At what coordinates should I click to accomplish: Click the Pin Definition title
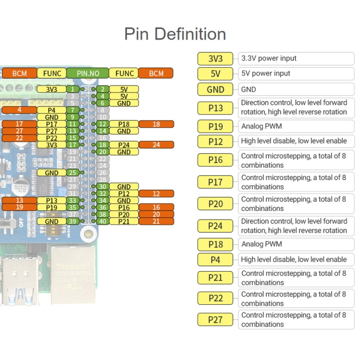(x=175, y=34)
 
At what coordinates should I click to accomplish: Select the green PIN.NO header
(x=88, y=73)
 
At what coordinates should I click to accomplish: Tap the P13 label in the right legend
(x=216, y=108)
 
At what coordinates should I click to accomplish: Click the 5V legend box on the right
(x=216, y=74)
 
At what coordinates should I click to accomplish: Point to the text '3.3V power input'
(x=269, y=59)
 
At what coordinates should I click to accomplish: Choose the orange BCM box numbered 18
(x=156, y=124)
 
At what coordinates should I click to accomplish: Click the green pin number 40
(x=102, y=221)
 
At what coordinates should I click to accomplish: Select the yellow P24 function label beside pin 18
(x=124, y=145)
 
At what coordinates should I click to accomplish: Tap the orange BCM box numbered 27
(x=19, y=131)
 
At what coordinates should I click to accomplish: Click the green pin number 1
(x=72, y=89)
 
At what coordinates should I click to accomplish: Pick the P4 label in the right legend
(x=216, y=260)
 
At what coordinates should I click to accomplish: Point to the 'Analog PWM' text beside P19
(x=262, y=126)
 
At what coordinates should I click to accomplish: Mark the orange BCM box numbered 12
(x=156, y=194)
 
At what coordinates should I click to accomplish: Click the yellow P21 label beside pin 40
(x=124, y=221)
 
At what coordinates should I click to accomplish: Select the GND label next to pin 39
(x=51, y=221)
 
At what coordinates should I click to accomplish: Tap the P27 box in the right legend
(x=216, y=320)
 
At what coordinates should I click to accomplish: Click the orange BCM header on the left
(x=19, y=73)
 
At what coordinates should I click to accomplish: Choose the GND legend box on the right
(x=216, y=90)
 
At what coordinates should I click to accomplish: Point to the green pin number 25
(x=72, y=173)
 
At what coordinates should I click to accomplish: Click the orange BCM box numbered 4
(x=19, y=110)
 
